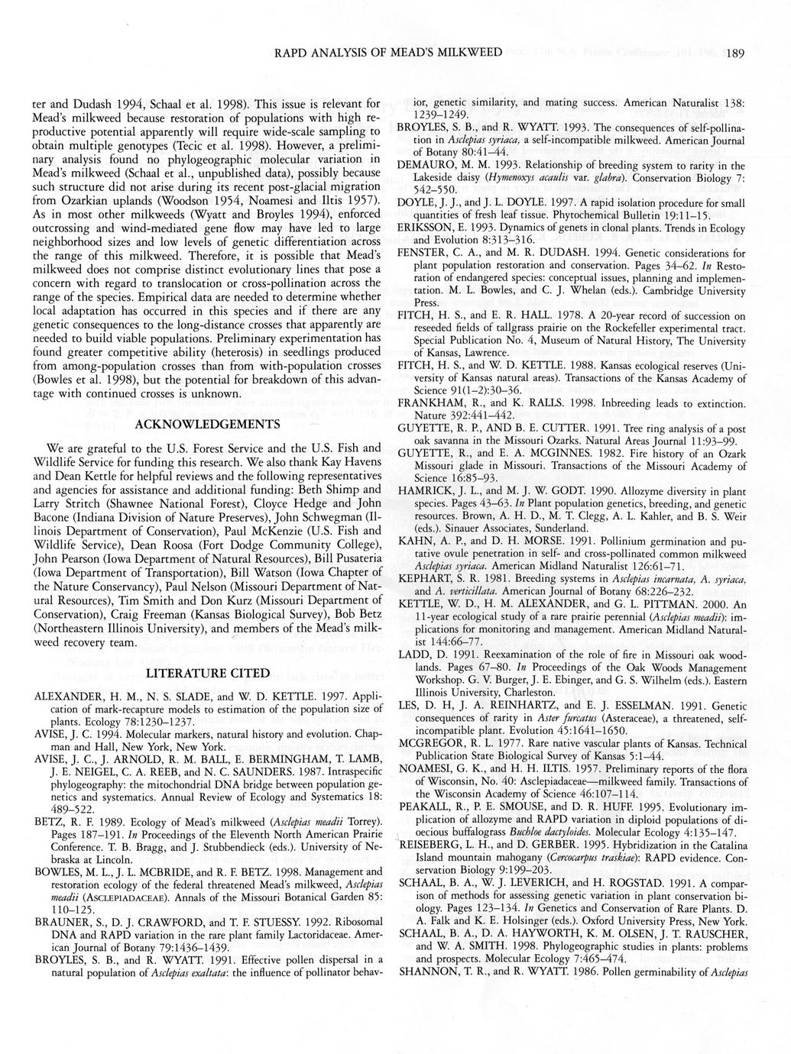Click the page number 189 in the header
coord(736,53)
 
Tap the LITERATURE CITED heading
coord(208,673)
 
